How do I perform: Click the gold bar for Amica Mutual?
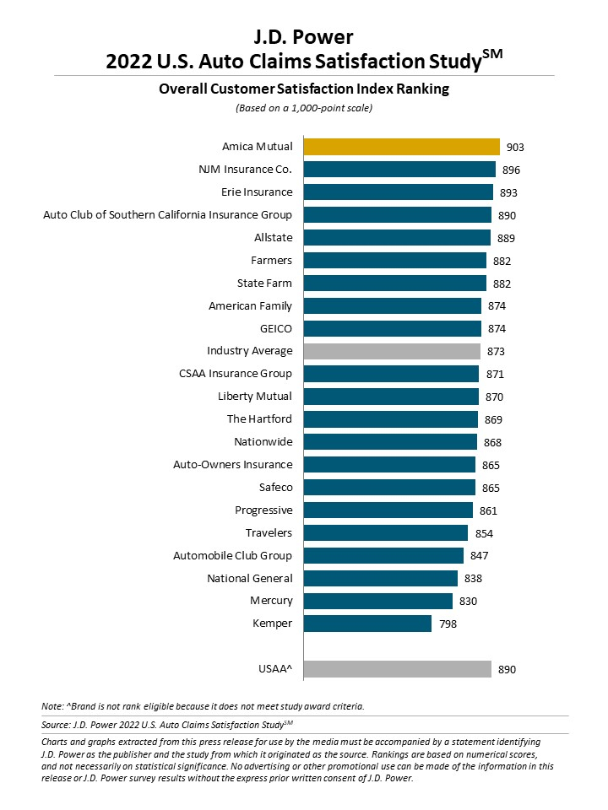(401, 147)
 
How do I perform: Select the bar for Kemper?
(367, 624)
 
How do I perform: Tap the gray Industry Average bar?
(392, 351)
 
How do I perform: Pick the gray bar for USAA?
(397, 669)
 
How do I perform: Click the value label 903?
(515, 148)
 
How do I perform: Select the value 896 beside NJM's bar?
(511, 170)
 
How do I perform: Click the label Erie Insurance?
(257, 192)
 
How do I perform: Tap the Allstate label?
(273, 237)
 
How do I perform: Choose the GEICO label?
(275, 328)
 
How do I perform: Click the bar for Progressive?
(388, 510)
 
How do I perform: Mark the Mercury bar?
(377, 601)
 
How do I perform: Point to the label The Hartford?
(259, 418)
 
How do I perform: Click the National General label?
(250, 578)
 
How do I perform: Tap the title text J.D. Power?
(303, 36)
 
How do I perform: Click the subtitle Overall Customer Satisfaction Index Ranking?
(303, 89)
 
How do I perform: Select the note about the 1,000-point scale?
(303, 108)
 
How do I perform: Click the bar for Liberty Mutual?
(391, 397)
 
